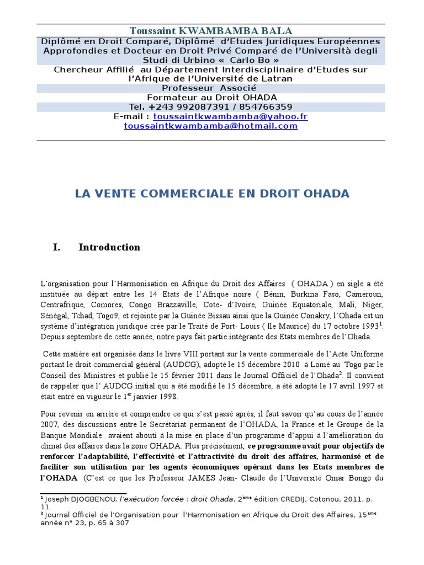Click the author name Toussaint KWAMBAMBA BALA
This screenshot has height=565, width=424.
point(211,30)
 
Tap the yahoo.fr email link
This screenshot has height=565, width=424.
point(230,116)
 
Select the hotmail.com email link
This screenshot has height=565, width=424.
point(211,126)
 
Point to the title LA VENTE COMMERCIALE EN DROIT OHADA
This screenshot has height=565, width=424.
point(211,194)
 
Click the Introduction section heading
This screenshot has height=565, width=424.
point(109,247)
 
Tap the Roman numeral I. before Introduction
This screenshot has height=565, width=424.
point(56,247)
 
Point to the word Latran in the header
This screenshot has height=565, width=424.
point(274,78)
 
